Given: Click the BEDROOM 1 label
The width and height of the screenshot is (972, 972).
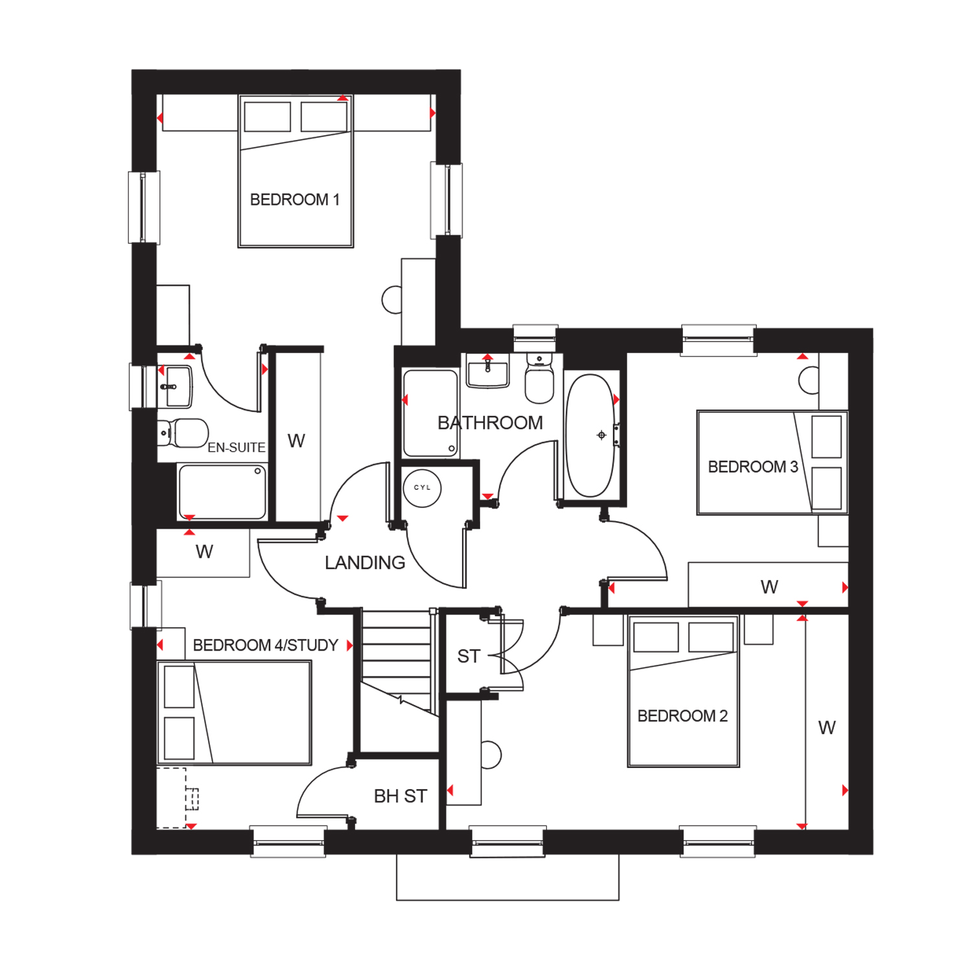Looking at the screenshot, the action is point(295,200).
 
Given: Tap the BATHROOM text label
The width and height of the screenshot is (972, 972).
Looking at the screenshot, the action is point(491,423).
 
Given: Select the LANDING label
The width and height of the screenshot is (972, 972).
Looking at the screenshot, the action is point(365,562).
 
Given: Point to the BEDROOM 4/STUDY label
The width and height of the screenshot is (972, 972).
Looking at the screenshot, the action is point(266,645).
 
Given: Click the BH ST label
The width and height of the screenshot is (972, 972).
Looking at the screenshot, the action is point(400,796).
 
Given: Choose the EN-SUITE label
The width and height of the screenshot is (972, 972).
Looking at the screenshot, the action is point(237,447).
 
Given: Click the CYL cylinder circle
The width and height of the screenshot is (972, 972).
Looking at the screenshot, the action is point(422,488).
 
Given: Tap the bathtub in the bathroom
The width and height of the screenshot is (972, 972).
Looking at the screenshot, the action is point(590,435).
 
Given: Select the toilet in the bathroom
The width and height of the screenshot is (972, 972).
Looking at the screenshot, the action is point(539,378).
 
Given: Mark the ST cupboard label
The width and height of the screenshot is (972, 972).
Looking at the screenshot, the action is point(469,656).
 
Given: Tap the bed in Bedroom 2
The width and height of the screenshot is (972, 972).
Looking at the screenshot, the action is point(684,691).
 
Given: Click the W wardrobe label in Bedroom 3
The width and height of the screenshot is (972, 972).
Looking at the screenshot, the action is point(769,587).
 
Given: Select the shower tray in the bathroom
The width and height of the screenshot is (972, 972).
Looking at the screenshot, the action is point(430,413).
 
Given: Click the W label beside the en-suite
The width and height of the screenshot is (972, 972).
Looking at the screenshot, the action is point(296,441).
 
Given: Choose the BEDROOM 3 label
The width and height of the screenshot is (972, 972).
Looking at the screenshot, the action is point(753,467).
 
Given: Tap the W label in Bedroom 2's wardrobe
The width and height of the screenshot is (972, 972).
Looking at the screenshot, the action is point(827,728).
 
